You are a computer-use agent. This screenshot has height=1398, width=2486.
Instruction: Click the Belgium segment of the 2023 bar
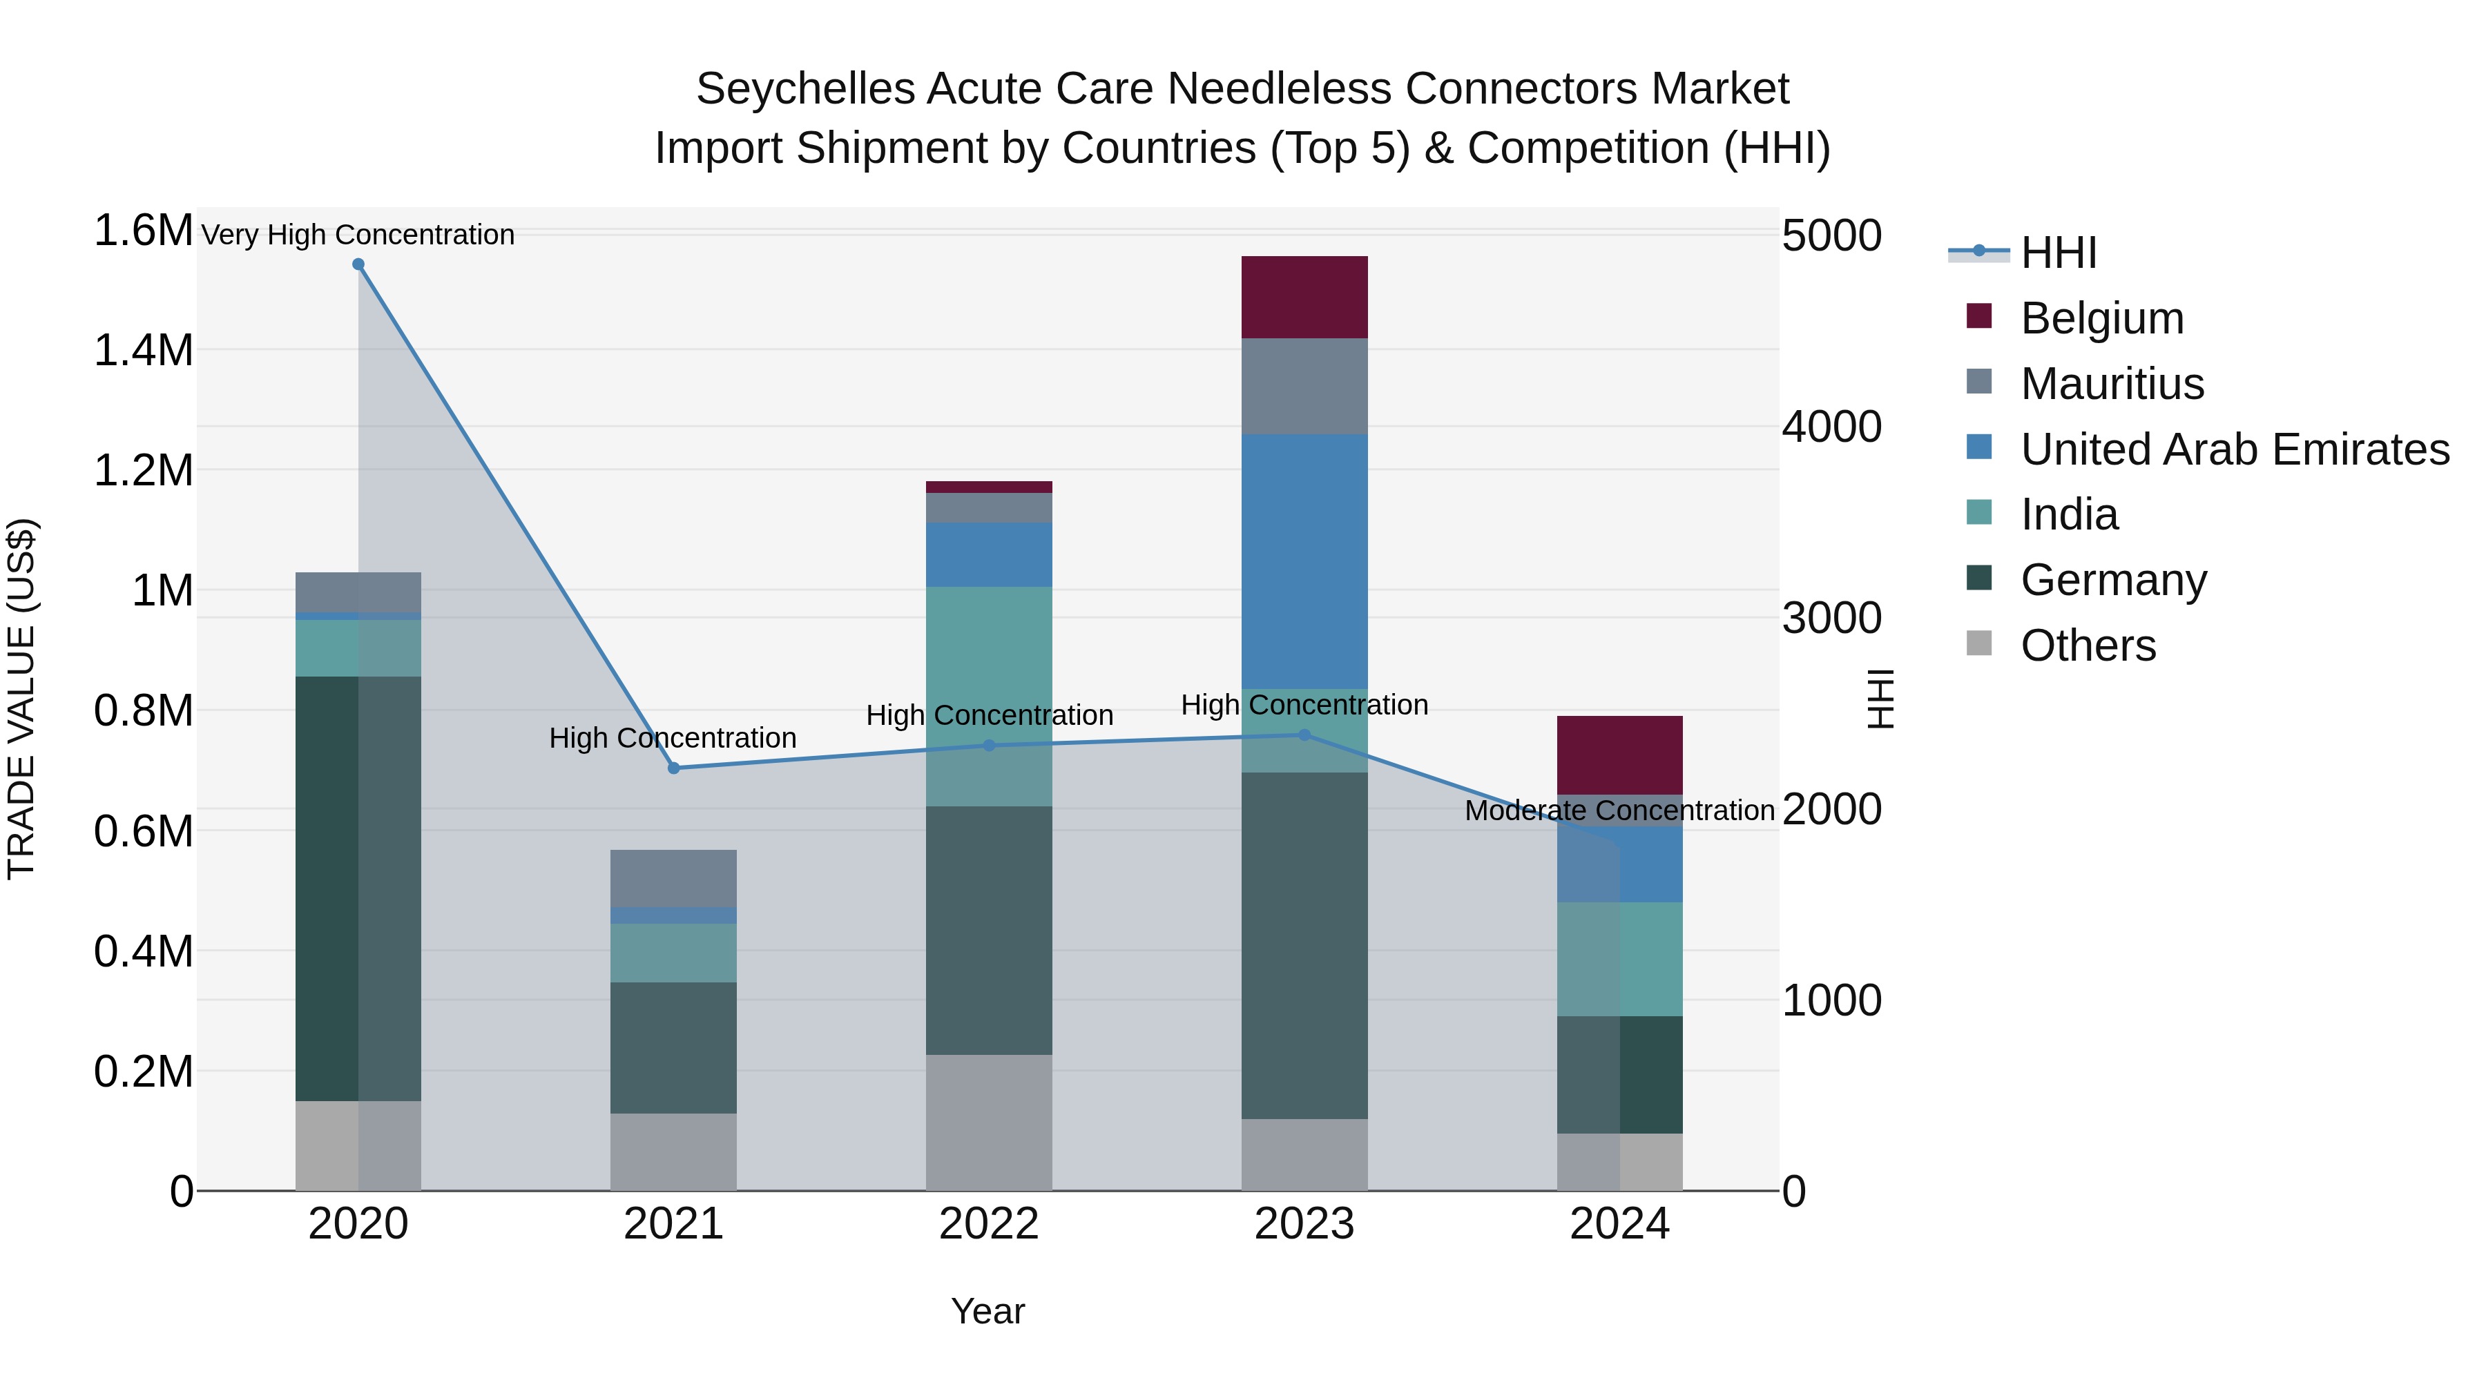(1304, 297)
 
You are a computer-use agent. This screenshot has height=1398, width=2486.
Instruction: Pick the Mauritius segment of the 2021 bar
(673, 878)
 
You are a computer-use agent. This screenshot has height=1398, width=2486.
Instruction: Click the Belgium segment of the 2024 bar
(1619, 755)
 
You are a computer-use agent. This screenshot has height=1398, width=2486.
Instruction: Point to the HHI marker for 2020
(358, 264)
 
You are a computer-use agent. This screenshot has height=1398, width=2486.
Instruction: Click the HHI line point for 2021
(673, 768)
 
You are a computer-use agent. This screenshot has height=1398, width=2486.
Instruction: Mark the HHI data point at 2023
(1304, 735)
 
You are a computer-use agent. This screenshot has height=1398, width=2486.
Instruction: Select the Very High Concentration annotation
(358, 235)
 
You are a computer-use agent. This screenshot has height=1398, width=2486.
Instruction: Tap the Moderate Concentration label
(1619, 810)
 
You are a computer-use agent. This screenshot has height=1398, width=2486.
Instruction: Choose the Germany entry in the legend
(2114, 580)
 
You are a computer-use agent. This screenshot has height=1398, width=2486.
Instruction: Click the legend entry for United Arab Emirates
(2234, 449)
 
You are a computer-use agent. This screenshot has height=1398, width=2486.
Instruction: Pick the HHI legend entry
(2058, 253)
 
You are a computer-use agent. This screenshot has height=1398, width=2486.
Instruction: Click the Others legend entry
(2088, 645)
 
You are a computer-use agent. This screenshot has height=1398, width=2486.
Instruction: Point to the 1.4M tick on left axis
(143, 350)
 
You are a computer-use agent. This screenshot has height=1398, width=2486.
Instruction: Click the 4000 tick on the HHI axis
(1831, 427)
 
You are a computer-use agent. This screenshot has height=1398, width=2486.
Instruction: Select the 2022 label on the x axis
(988, 1224)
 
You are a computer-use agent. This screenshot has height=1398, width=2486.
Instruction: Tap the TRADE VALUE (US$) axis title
(21, 699)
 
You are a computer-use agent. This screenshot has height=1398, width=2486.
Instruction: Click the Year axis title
(987, 1311)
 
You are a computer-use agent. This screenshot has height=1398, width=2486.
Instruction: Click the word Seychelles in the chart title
(805, 89)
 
